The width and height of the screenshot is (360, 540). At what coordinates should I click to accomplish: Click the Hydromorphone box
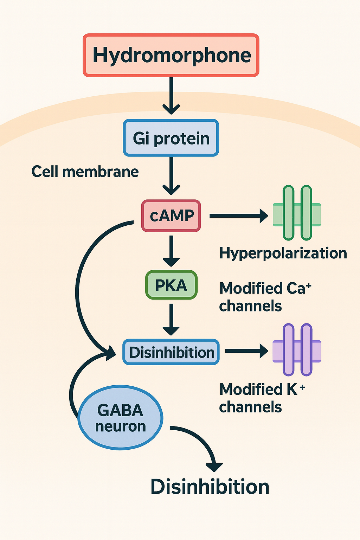coord(171,55)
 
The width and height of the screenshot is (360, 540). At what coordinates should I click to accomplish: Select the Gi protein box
coord(171,138)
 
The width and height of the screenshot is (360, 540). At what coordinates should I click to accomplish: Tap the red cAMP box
coord(171,216)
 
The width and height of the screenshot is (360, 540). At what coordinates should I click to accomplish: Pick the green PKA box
coord(171,285)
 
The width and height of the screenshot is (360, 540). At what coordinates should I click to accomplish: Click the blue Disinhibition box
coord(171,352)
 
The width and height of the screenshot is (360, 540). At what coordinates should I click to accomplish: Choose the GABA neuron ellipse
coord(120,418)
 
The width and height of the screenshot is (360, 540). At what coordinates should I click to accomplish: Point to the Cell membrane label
coord(85,172)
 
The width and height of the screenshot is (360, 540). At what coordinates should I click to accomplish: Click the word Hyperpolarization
coord(283,253)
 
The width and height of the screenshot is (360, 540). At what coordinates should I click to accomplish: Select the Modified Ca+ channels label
coord(264,297)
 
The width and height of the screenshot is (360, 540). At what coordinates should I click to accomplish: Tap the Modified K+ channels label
coord(262,398)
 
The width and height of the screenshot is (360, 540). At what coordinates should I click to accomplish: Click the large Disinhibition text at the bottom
coord(210,487)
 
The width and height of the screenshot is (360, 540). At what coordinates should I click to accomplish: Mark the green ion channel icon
coord(297,213)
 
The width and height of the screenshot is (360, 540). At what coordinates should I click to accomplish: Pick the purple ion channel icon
coord(297,350)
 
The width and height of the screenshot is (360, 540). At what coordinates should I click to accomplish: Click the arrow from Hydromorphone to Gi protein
coord(171,95)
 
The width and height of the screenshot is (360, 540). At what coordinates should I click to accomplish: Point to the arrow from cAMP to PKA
coord(171,250)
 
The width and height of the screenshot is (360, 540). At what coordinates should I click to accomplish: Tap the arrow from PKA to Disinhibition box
coord(171,319)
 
